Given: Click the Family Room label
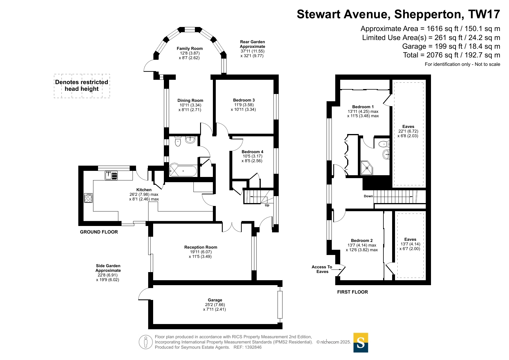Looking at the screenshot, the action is [x=190, y=48].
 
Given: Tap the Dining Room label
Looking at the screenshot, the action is [x=190, y=100].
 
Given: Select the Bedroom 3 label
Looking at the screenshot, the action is [x=244, y=100].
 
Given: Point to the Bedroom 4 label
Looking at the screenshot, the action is [x=252, y=152].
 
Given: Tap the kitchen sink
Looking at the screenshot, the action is [x=111, y=176].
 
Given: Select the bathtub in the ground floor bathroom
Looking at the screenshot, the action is [x=183, y=171].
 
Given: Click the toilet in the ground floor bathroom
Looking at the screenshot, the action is [x=178, y=141].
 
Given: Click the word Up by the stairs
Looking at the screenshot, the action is [x=267, y=205].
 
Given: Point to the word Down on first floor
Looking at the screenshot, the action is [x=368, y=196].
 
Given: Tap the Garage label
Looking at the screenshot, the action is [x=215, y=300].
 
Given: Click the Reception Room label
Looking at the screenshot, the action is [x=201, y=247].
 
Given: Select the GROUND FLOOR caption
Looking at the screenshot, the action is [x=99, y=232].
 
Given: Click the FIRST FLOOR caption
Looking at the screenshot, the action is [x=352, y=292].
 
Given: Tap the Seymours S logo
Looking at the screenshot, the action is [x=361, y=343].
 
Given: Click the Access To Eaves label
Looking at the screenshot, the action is [x=322, y=269].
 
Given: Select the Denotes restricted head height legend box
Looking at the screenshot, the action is [x=82, y=86].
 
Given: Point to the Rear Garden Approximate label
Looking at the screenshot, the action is [x=252, y=44].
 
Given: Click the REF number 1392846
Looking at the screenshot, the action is [x=253, y=347].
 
